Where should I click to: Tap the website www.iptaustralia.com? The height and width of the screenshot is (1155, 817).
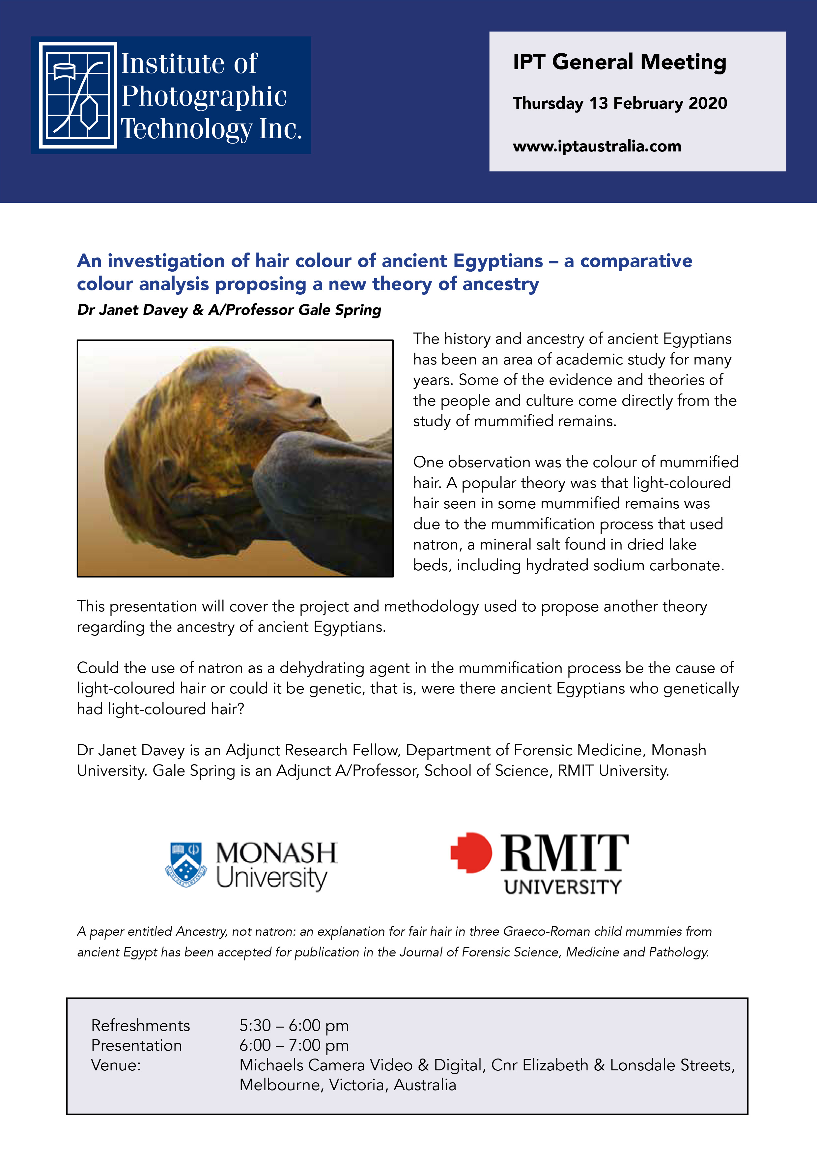click(x=597, y=147)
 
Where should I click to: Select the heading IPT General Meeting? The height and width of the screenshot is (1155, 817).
click(x=619, y=62)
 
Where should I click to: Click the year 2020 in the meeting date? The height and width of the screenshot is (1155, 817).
click(x=708, y=103)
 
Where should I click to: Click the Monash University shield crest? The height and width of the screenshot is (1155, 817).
click(x=186, y=864)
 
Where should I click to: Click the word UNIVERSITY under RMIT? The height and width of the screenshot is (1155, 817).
click(x=563, y=887)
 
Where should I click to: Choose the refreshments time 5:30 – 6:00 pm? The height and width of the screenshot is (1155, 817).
click(x=294, y=1025)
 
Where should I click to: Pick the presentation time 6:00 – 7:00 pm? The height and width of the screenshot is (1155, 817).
click(x=294, y=1045)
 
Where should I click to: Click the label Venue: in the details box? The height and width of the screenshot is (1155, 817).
click(x=116, y=1065)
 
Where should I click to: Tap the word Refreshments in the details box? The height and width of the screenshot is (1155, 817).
click(x=140, y=1025)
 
